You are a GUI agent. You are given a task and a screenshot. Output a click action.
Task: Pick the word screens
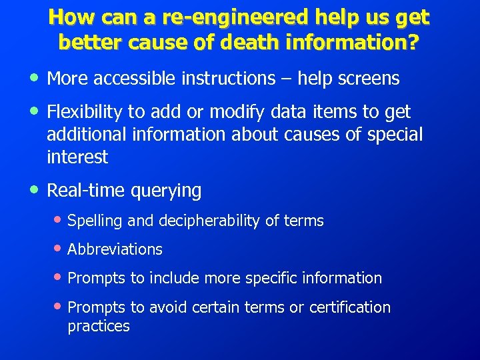click(368, 79)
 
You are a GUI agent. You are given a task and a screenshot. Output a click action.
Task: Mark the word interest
click(77, 157)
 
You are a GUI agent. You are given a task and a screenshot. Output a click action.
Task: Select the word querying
click(167, 191)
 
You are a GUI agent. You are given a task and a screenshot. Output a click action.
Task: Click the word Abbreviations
click(115, 249)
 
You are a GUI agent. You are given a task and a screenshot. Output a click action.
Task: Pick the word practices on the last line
click(99, 326)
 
